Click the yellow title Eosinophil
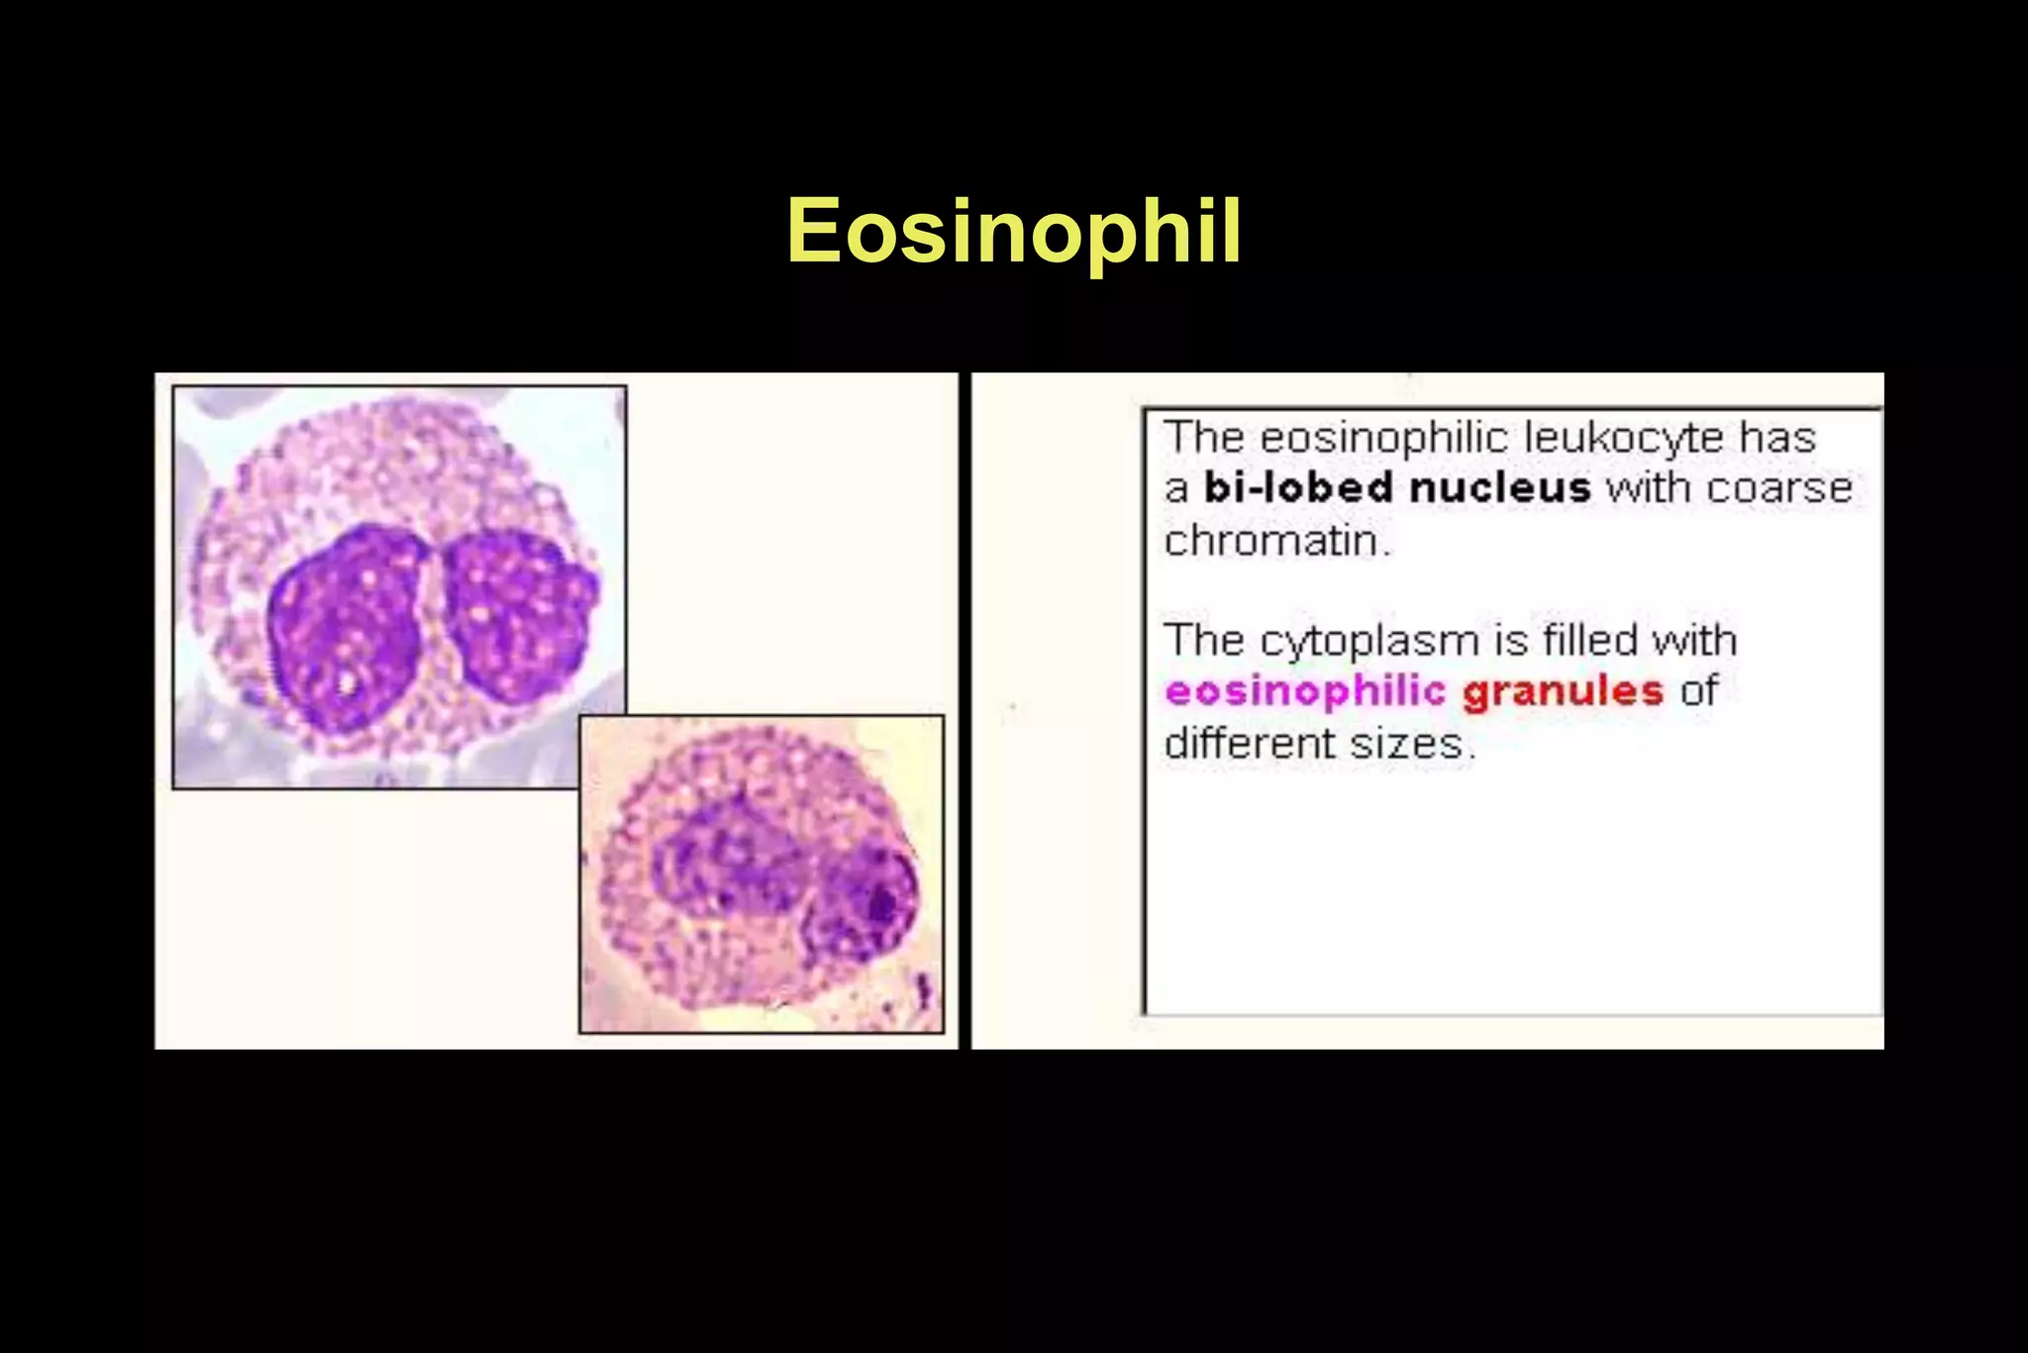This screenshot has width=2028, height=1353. coord(1014,232)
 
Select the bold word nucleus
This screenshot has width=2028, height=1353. coord(1499,488)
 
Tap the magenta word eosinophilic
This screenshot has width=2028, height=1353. coord(1305,691)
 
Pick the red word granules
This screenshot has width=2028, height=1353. coord(1563,691)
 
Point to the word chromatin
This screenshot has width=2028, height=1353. coord(1277,541)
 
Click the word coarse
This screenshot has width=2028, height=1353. coord(1778,488)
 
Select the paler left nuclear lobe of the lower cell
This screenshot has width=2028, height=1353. coord(728,857)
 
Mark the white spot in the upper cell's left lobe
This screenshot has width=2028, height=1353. coord(347,683)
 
